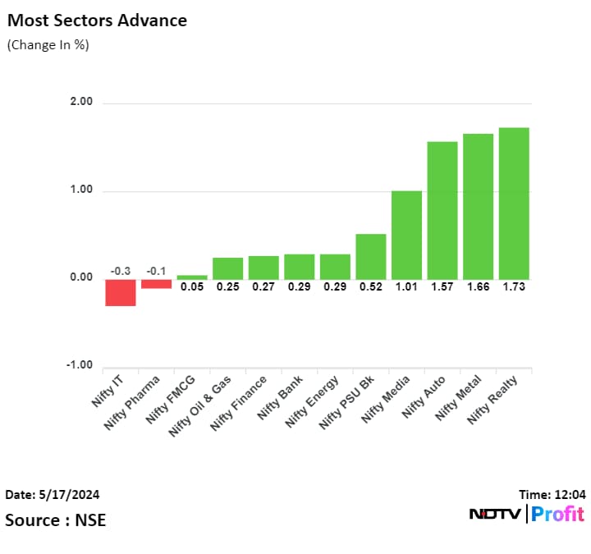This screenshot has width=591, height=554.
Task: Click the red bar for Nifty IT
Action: coord(120,292)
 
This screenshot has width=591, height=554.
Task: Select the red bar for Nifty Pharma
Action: coord(156,284)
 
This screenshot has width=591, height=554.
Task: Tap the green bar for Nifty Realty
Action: coord(514,204)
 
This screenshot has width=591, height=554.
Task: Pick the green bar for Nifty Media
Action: coord(406,235)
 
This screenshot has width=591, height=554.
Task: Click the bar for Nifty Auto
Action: coord(442,210)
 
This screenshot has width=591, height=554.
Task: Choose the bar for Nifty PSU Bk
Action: coord(371,257)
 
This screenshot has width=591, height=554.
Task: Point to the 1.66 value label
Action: coord(478,286)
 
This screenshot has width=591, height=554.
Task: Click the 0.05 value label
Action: coord(192,286)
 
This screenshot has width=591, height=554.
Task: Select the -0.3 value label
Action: coord(120,272)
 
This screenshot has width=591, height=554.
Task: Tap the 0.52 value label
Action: coord(371,286)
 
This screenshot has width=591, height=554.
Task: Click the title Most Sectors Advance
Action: coord(97,20)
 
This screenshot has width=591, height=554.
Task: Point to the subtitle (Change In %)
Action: coord(48,45)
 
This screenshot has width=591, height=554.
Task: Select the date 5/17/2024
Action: coord(53,495)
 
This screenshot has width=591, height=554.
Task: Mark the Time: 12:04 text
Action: coord(552,495)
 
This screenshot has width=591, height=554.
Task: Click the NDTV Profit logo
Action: coord(526,515)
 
